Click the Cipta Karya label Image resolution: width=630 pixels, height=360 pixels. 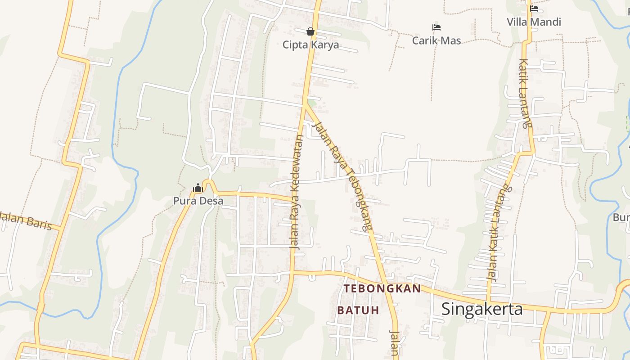pos(310,45)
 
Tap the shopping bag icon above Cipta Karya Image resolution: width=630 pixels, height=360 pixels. pos(310,31)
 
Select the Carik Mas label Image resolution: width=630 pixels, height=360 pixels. pos(436,40)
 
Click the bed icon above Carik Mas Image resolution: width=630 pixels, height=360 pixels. pos(436,27)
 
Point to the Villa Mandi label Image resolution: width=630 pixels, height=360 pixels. pos(534,22)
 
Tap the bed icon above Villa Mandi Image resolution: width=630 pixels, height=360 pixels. pos(534,8)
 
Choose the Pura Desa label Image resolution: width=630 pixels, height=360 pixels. pos(198,201)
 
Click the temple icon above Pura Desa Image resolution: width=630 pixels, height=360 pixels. pos(198,188)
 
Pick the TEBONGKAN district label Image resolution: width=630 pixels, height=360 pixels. pos(382,288)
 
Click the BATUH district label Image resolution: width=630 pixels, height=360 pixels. pos(358,310)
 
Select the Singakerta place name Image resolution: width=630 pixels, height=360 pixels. pos(482,309)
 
